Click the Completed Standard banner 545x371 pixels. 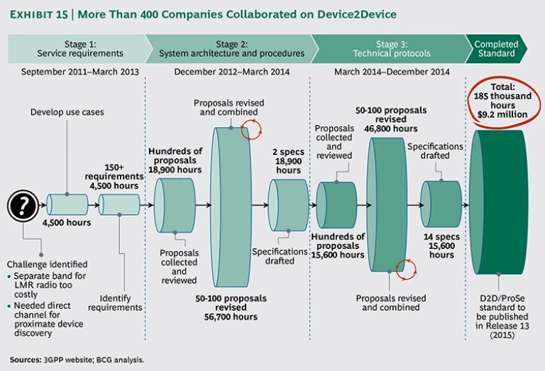point(497,48)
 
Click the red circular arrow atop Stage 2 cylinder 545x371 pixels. point(251,130)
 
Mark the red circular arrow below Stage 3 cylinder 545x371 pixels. point(407,269)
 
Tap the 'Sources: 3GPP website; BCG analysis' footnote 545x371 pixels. point(76,360)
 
